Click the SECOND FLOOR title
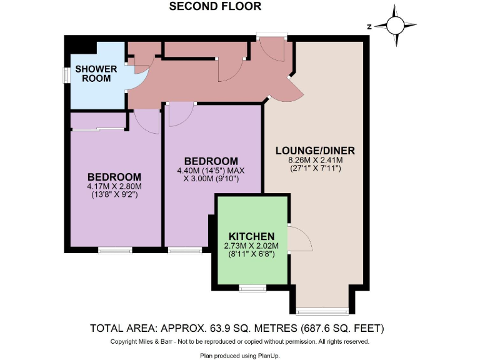pos(215,7)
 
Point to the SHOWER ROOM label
pos(93,73)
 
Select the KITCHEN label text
pos(252,236)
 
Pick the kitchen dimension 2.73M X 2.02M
pos(252,246)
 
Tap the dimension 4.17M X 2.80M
pos(114,186)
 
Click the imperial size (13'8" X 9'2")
pos(114,194)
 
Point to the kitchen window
pos(252,288)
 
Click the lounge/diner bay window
pos(322,311)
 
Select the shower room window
pos(66,74)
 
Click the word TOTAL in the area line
pos(111,327)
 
